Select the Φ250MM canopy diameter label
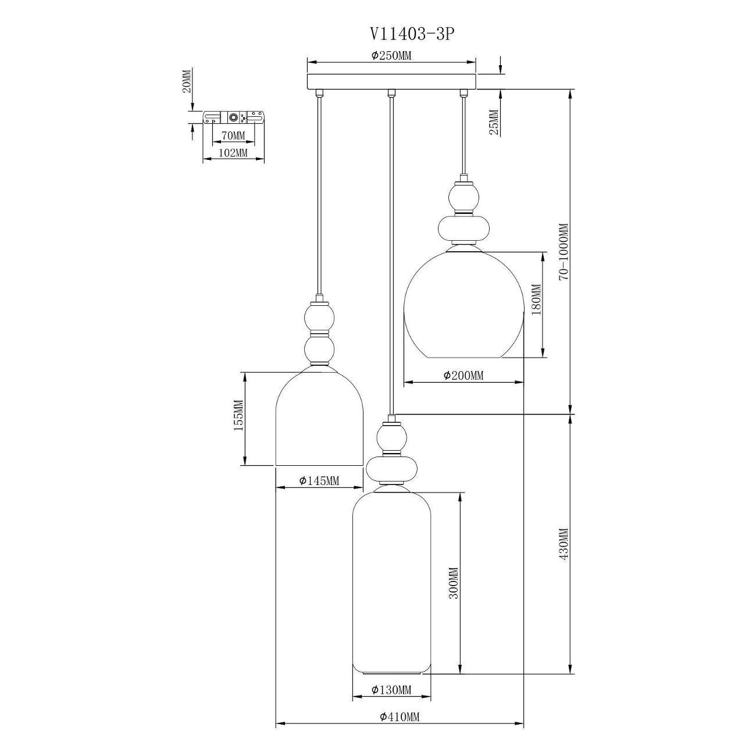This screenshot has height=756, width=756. click(391, 56)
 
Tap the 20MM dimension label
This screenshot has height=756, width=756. click(187, 81)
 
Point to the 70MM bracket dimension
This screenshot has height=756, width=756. click(233, 135)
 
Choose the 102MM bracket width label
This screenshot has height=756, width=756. click(233, 152)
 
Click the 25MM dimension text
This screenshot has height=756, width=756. click(495, 122)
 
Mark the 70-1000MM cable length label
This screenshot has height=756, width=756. click(564, 251)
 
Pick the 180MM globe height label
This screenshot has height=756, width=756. click(536, 299)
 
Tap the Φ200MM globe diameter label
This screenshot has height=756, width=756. click(463, 376)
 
